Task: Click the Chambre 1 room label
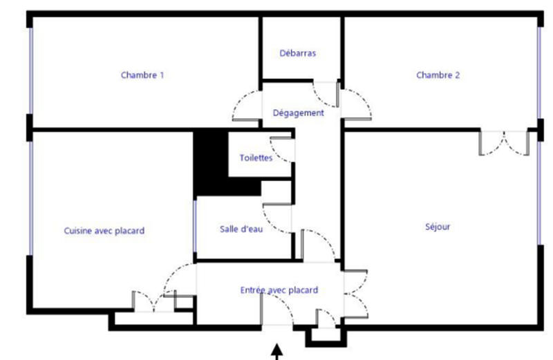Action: (142, 75)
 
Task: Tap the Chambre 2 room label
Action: (438, 75)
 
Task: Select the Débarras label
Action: (298, 53)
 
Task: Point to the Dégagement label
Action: (298, 113)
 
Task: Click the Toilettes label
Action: (256, 158)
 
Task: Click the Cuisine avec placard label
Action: (104, 231)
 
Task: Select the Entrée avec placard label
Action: (279, 290)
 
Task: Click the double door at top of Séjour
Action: (505, 143)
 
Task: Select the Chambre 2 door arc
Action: (357, 104)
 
